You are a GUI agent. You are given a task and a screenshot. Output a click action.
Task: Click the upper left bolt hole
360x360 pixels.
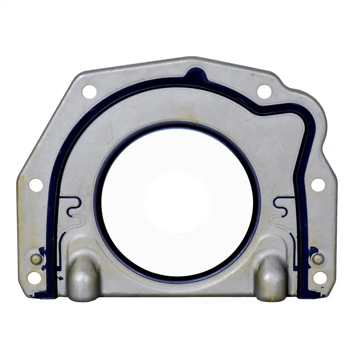(89, 91)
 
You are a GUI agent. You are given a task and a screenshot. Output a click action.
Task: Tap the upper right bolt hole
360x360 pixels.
(264, 91)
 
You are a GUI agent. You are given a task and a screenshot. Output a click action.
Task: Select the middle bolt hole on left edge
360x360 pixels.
(36, 185)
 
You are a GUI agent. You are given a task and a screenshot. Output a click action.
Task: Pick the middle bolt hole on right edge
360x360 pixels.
(318, 185)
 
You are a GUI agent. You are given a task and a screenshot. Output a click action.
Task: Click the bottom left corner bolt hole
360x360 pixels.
(35, 278)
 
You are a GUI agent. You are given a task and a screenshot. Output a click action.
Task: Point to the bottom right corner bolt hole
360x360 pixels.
(320, 278)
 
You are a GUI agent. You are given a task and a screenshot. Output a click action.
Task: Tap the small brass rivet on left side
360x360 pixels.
(36, 259)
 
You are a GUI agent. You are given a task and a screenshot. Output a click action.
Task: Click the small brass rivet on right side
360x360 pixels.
(318, 259)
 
